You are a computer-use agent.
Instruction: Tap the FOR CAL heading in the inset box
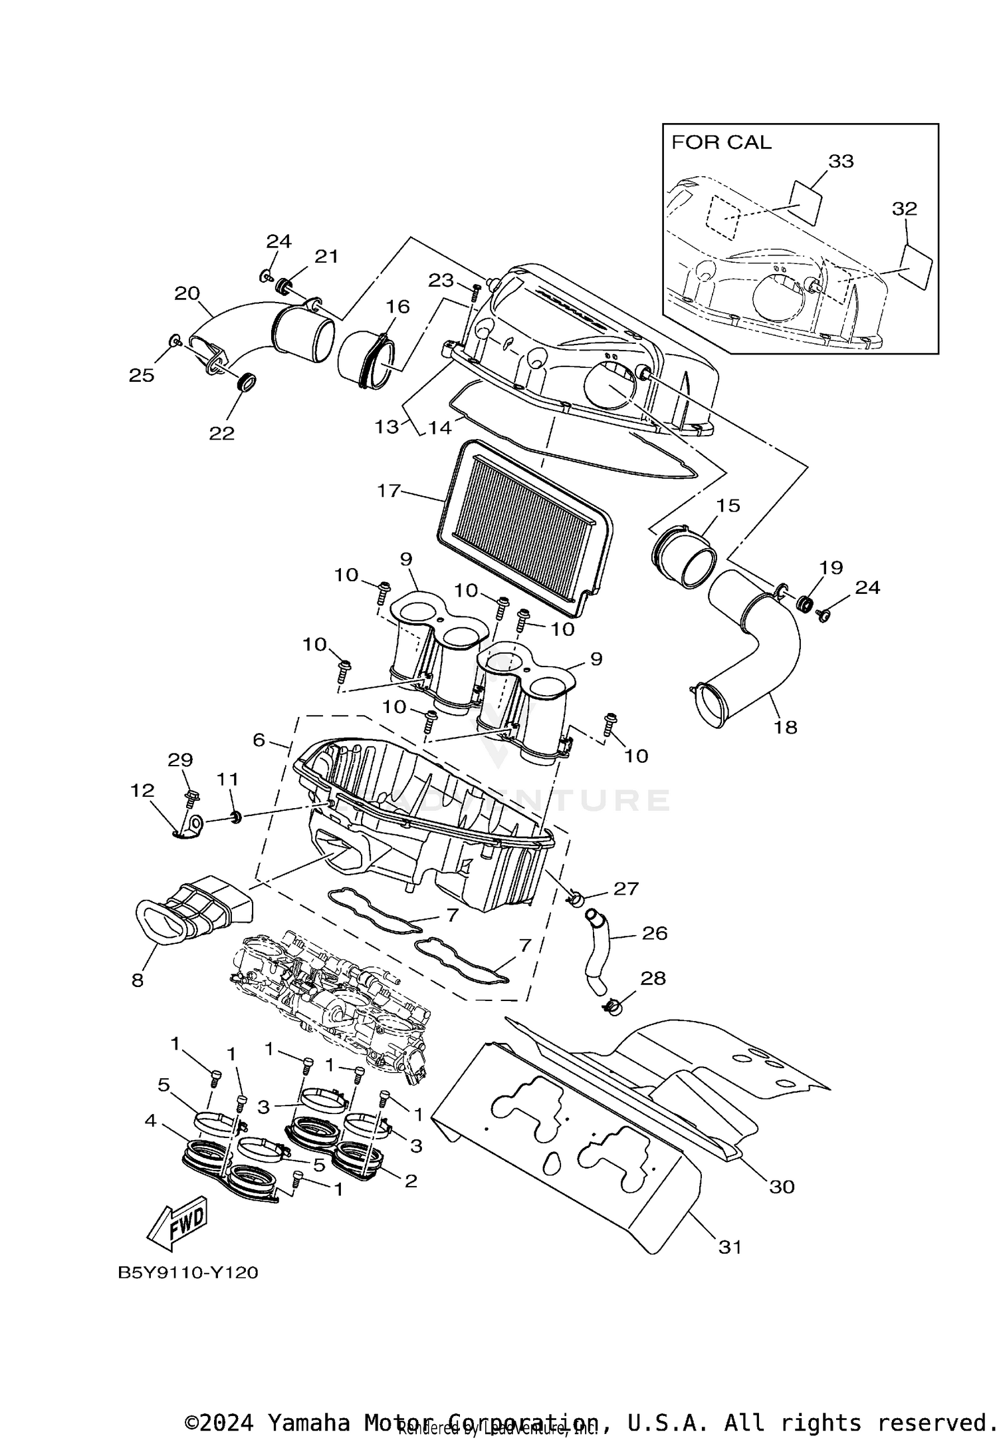[721, 142]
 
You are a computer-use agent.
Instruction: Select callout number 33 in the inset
[840, 162]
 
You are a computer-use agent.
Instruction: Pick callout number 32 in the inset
[904, 209]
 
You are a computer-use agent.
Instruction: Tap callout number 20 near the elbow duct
[187, 293]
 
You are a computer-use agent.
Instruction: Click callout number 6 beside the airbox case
[259, 740]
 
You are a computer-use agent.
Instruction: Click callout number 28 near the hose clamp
[653, 978]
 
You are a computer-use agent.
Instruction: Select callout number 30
[782, 1187]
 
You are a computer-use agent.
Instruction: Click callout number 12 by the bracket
[143, 790]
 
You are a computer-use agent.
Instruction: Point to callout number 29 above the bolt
[180, 760]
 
